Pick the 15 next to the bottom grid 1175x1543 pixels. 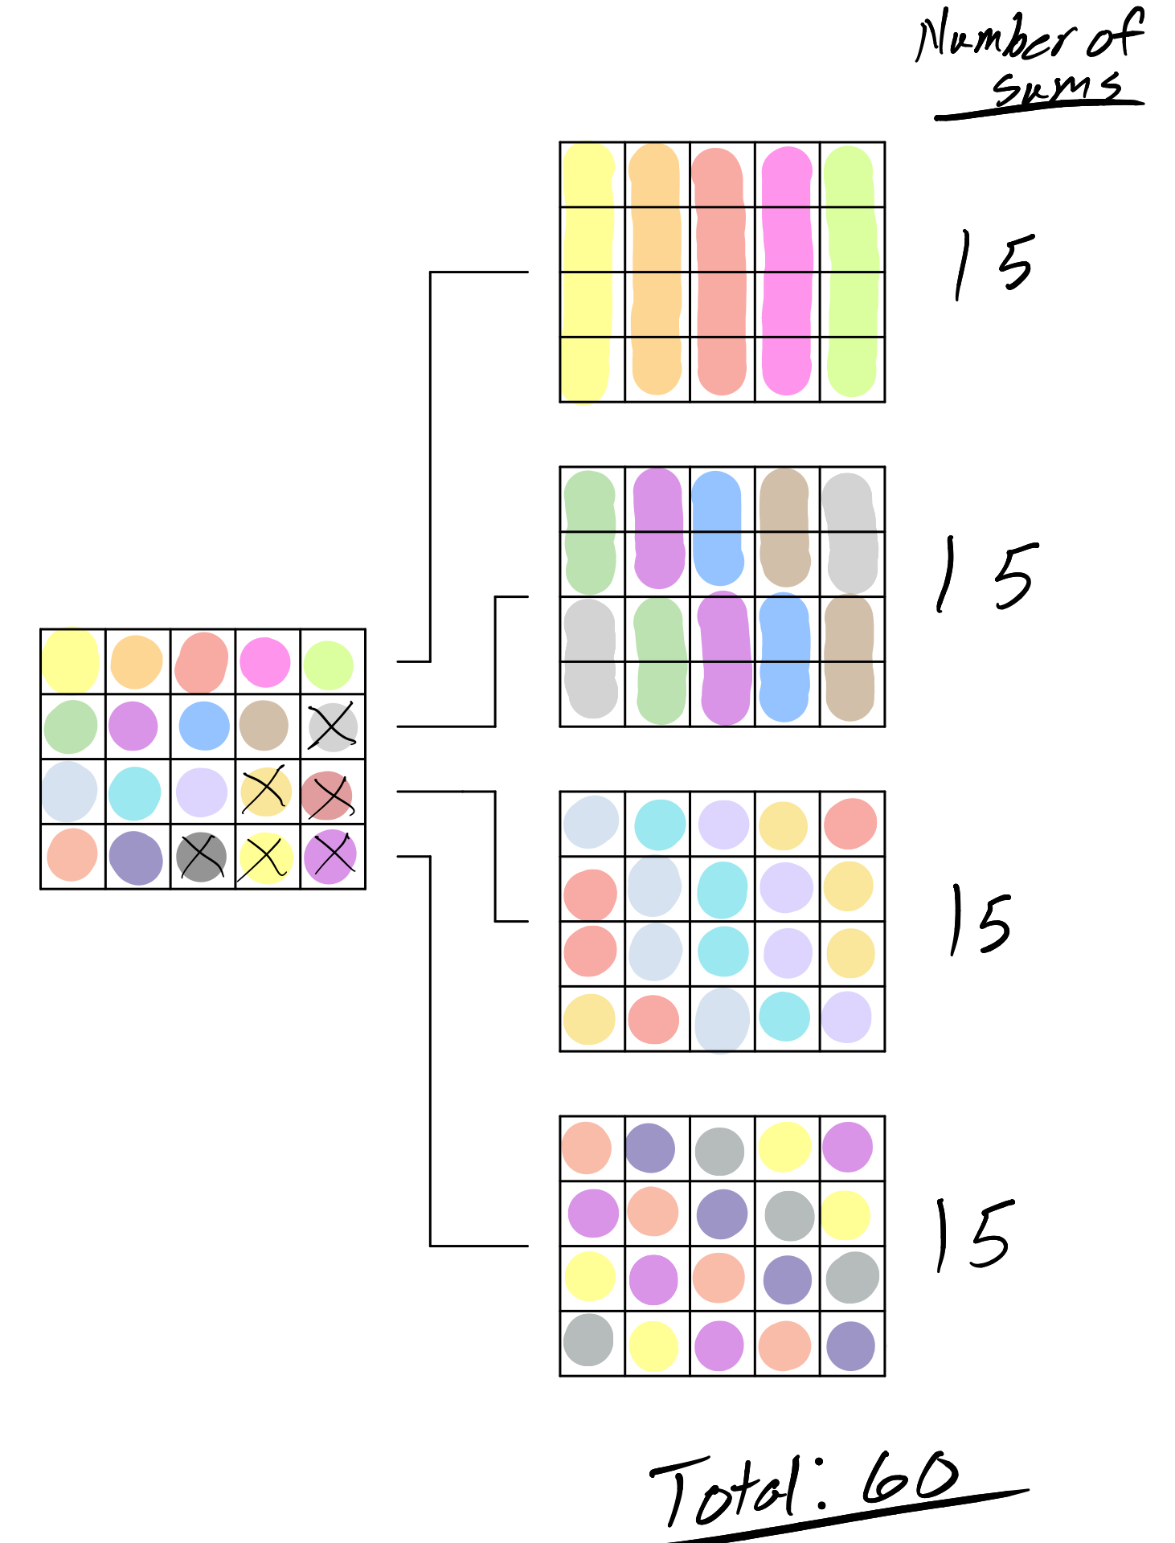coord(973,1234)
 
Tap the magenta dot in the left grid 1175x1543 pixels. coord(264,662)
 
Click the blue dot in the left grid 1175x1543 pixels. coord(204,726)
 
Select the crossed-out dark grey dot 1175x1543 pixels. coord(201,857)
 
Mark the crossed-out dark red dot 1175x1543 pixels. coord(327,795)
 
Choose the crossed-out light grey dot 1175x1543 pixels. coord(332,726)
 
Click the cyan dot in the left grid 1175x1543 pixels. coord(134,792)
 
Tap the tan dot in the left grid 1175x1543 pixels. coord(264,725)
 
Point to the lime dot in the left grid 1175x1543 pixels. coord(328,665)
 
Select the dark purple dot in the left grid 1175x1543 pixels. coord(136,857)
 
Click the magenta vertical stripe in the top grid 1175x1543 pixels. coord(787,272)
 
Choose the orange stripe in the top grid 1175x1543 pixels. coord(656,272)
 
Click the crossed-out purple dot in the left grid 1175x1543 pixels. coord(330,856)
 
